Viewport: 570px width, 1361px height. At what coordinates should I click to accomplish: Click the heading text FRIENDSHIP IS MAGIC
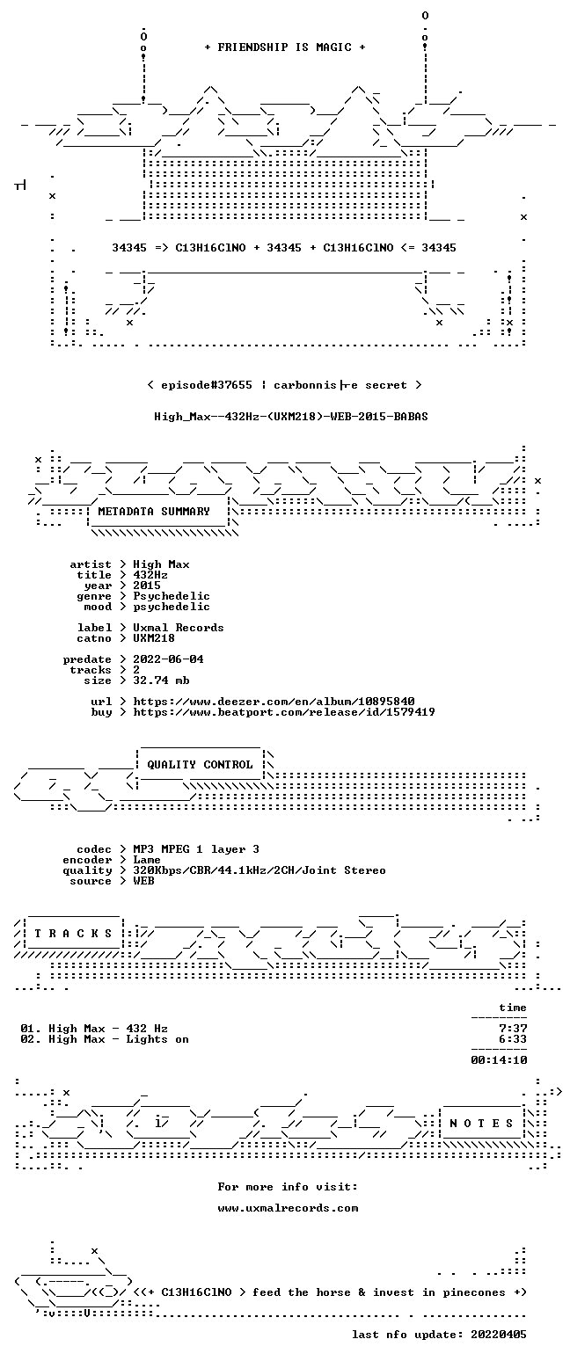[285, 47]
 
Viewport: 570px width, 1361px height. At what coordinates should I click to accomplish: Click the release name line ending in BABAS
[291, 417]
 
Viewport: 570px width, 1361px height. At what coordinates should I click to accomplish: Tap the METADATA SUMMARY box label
[154, 512]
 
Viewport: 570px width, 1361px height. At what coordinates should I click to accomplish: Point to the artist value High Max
[161, 564]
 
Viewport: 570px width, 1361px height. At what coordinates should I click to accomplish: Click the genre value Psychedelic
[172, 596]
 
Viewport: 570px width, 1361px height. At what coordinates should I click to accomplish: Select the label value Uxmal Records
[179, 628]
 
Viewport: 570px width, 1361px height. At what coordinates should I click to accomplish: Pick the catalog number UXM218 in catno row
[154, 638]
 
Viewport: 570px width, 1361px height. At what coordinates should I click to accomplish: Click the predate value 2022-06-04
[168, 659]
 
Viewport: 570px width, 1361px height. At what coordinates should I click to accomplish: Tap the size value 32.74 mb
[161, 680]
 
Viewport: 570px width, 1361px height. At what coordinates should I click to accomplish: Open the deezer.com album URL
[274, 702]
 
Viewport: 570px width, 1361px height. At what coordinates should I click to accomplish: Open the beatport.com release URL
[284, 712]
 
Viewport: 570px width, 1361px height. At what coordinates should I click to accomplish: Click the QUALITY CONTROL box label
[200, 765]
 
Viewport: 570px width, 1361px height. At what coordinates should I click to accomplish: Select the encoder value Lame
[147, 860]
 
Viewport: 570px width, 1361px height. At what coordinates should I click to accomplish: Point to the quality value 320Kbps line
[259, 870]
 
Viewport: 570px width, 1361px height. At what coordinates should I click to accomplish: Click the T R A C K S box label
[74, 933]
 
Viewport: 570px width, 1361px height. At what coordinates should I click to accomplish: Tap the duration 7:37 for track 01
[513, 1029]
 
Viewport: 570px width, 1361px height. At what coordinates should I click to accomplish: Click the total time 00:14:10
[499, 1060]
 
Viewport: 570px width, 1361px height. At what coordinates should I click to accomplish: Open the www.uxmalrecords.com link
[288, 1208]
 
